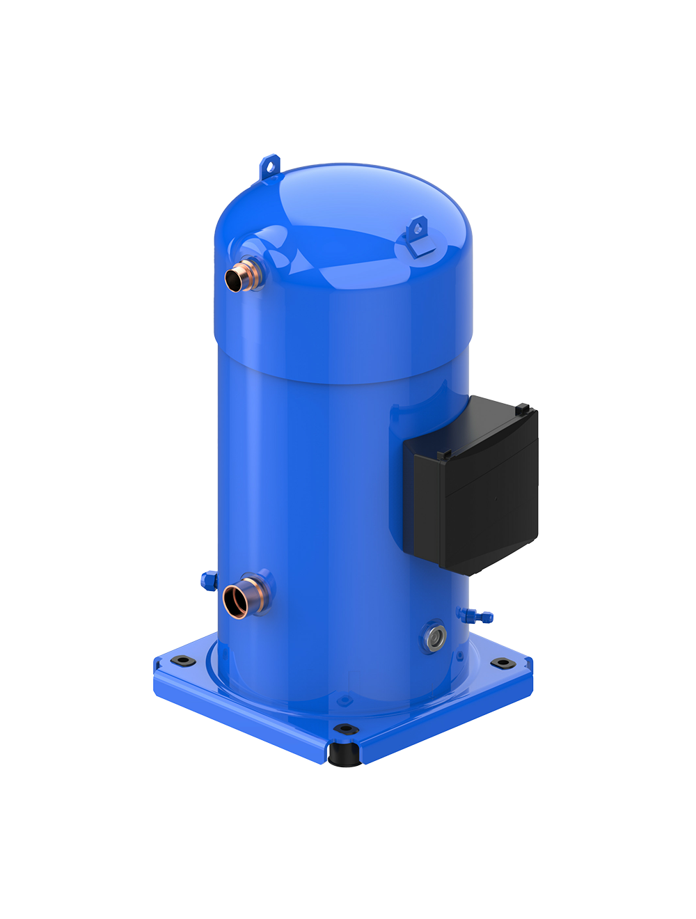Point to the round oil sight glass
(x=434, y=636)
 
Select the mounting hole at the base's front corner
(x=342, y=729)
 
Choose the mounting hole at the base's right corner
(x=498, y=663)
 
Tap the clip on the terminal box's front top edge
(x=443, y=455)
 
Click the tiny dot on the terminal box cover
(x=495, y=498)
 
